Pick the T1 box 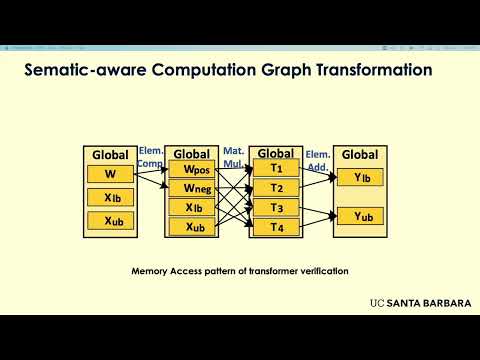(x=276, y=169)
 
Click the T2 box (x=276, y=188)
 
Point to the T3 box (x=276, y=207)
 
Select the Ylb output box (x=361, y=178)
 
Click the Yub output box (x=361, y=216)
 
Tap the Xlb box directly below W (x=110, y=197)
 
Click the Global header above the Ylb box (x=360, y=155)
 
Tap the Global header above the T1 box (x=276, y=153)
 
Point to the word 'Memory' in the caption (x=152, y=271)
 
